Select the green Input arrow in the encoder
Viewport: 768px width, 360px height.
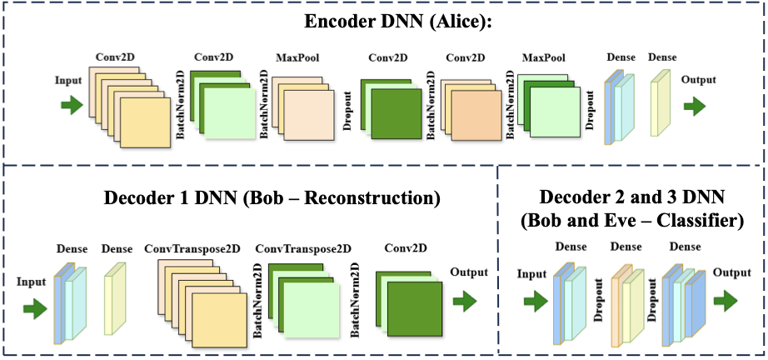tap(72, 105)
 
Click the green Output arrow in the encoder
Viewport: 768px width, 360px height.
tap(694, 105)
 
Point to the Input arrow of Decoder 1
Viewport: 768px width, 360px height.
tap(35, 309)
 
